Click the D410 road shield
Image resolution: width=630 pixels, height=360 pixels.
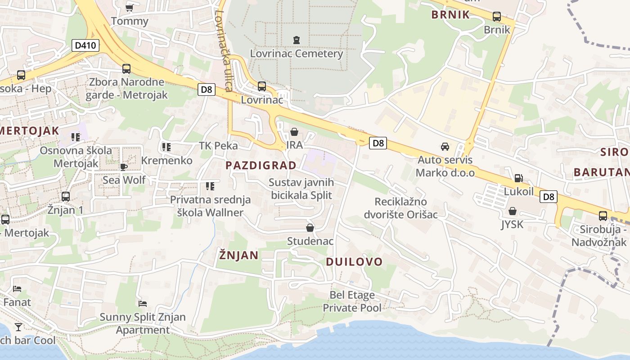[85, 45]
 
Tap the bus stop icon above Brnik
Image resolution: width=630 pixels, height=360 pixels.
[497, 17]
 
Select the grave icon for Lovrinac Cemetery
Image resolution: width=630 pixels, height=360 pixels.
[296, 40]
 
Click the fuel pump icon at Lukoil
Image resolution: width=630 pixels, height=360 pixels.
[518, 178]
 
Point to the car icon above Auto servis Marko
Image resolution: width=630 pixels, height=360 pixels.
[445, 147]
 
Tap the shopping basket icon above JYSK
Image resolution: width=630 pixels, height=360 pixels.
[512, 211]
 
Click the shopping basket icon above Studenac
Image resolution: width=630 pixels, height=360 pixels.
[310, 228]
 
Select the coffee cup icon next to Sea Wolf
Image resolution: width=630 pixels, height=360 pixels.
[124, 167]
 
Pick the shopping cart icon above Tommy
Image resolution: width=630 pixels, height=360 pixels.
[129, 8]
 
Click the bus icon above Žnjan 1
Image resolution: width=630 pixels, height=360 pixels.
[66, 197]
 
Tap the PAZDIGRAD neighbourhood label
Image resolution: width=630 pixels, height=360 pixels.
[261, 165]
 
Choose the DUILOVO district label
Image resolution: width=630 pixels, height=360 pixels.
[354, 262]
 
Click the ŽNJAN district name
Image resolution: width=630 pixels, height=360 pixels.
[238, 256]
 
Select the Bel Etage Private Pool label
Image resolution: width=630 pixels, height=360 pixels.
[352, 301]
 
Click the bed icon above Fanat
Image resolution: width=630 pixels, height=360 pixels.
[17, 288]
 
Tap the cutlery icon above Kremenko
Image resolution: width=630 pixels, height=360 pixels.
[166, 147]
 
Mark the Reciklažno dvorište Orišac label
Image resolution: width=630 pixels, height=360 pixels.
[406, 208]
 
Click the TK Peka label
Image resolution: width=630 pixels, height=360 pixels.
[218, 145]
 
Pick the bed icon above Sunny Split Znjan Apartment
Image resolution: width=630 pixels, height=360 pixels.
[143, 304]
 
